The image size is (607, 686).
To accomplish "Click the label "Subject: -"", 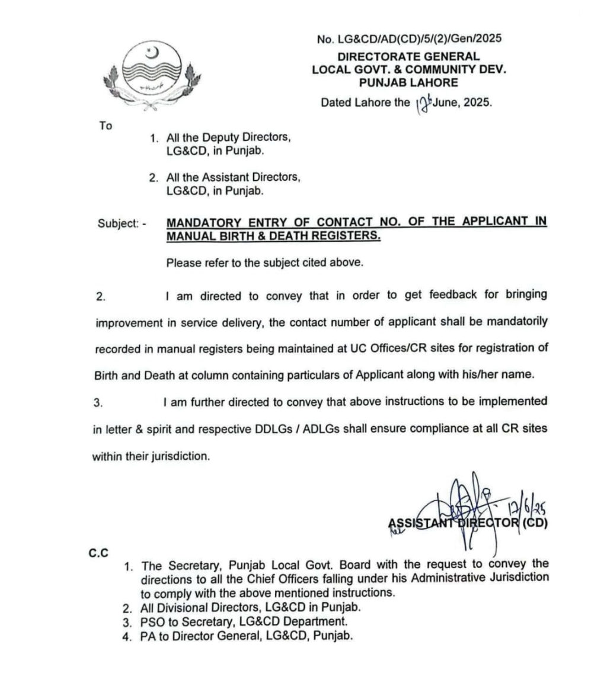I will pos(122,225).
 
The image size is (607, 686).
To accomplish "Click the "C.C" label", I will pos(99,553).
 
